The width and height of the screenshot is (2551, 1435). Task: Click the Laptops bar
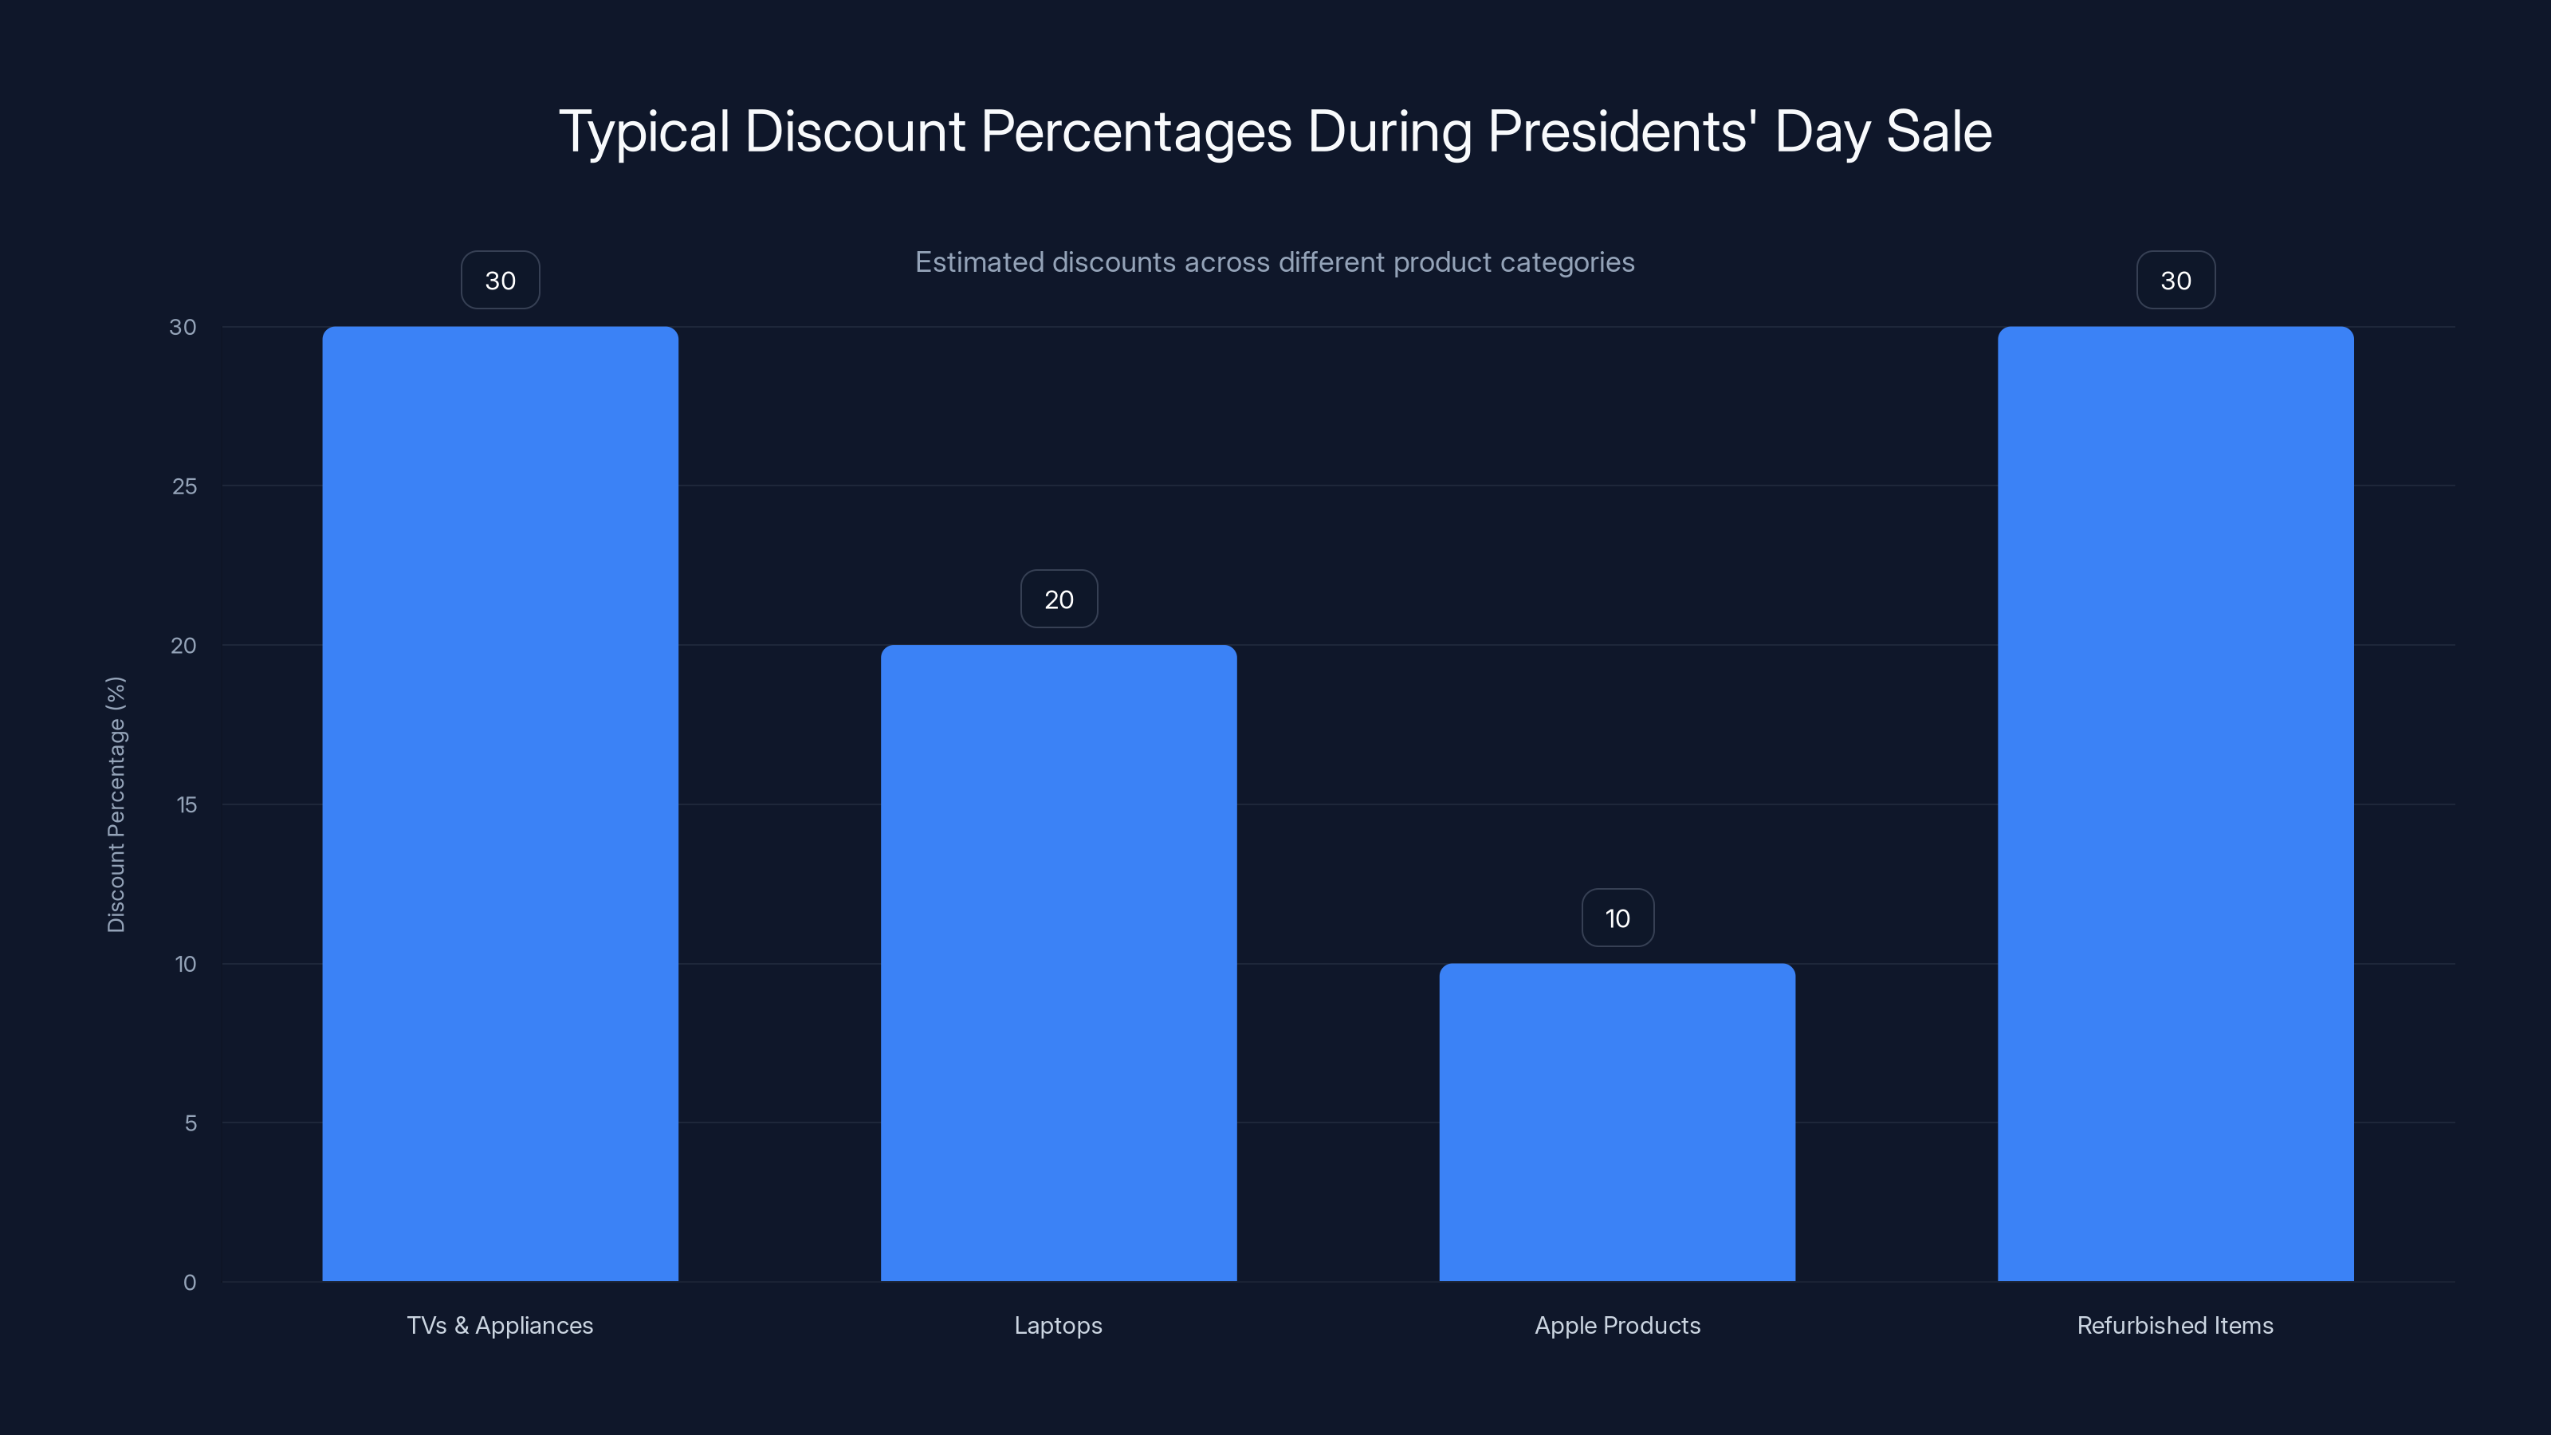point(1059,962)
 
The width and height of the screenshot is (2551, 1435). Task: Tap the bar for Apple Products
point(1617,1122)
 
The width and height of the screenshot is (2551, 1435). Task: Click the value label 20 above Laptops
point(1059,600)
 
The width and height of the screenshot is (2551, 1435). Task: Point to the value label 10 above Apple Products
point(1617,918)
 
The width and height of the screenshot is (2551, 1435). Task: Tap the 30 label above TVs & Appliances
point(500,281)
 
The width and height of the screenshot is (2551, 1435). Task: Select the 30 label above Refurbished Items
point(2176,281)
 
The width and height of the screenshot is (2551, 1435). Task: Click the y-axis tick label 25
point(184,486)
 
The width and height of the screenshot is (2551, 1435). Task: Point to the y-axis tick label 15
point(187,805)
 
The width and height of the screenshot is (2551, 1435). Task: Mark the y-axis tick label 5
point(191,1123)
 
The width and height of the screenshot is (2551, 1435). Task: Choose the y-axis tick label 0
point(191,1283)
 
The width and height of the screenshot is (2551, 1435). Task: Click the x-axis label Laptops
point(1058,1325)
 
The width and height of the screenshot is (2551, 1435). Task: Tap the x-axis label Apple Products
point(1617,1325)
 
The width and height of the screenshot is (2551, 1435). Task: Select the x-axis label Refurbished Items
point(2175,1325)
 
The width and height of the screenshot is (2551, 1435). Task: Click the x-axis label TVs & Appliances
point(500,1325)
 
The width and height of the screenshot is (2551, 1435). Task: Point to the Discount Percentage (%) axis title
point(116,804)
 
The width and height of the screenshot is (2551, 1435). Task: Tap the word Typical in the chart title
point(643,132)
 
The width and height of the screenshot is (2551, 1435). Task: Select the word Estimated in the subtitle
point(978,262)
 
